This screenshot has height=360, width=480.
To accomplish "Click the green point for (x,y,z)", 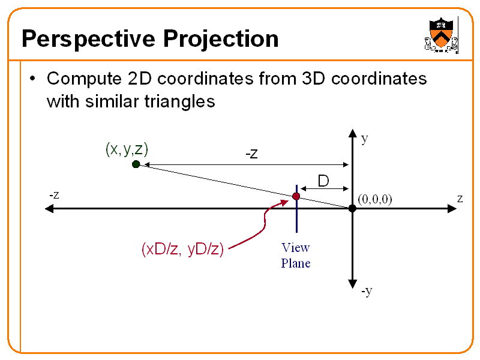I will click(136, 164).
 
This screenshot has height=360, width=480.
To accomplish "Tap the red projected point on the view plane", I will click(296, 196).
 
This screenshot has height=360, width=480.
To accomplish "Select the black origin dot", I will click(352, 208).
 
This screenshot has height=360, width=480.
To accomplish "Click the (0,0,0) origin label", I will click(374, 199).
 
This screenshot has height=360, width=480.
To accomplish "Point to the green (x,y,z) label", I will click(127, 149).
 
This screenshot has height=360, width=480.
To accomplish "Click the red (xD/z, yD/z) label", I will click(182, 249).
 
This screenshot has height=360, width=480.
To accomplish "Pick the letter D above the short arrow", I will click(323, 181).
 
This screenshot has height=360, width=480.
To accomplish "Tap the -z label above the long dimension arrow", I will click(251, 154).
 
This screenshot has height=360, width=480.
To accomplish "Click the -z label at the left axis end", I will click(54, 195).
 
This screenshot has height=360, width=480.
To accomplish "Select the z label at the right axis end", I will click(460, 198).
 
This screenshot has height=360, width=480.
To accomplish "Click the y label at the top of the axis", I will click(364, 139).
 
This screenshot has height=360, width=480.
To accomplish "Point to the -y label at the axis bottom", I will click(367, 291).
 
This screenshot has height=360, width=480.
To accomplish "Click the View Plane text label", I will click(296, 255).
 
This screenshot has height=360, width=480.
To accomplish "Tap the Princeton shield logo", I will click(441, 35).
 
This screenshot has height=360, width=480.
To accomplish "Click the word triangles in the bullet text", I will click(179, 101).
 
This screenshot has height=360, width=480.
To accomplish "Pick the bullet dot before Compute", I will click(34, 79).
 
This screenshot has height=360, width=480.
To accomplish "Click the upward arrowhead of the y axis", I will click(352, 134).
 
